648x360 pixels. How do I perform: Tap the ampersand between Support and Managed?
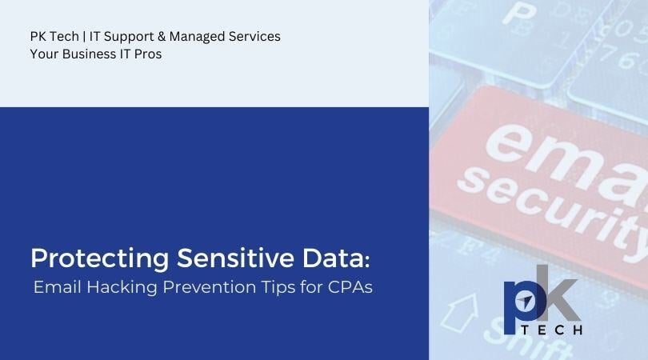(x=162, y=36)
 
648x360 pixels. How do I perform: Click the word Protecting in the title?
(x=99, y=258)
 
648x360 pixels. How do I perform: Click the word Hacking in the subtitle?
(x=122, y=287)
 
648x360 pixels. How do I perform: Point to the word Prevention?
(x=209, y=287)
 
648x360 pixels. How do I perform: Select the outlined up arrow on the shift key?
(x=458, y=313)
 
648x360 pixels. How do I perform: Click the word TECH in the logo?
(x=551, y=330)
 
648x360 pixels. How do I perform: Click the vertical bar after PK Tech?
(x=84, y=37)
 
